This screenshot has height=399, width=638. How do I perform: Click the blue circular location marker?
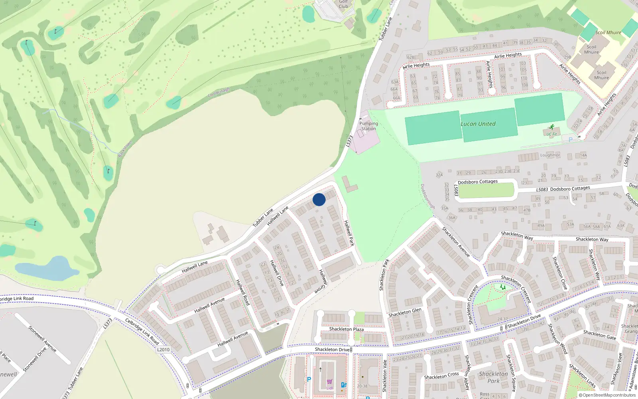(x=319, y=199)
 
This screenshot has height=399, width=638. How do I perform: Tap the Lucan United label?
(x=478, y=124)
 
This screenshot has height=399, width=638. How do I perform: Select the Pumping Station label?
(x=368, y=126)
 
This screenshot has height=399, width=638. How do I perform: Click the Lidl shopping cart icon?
(x=329, y=382)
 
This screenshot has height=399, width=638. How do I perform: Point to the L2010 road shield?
(x=163, y=350)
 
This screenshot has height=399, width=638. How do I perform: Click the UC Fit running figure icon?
(x=551, y=127)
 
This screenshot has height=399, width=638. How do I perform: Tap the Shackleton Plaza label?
(x=346, y=329)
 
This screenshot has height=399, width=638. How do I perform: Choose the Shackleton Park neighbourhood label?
(x=493, y=377)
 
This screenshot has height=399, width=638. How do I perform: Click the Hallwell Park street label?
(x=349, y=233)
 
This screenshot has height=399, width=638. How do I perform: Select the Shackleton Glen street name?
(x=405, y=312)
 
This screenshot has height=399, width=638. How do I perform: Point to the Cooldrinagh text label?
(x=219, y=93)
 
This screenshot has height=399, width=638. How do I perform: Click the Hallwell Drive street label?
(x=277, y=273)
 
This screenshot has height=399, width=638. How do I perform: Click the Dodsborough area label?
(x=427, y=196)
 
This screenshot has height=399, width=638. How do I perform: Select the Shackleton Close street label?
(x=560, y=273)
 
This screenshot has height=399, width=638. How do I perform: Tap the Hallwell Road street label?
(x=243, y=292)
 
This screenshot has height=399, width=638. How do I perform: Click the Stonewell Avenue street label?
(x=42, y=339)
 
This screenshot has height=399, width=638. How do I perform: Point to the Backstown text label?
(x=125, y=149)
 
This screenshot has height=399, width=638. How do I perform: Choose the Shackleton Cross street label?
(x=441, y=376)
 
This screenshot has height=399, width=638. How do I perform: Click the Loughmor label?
(x=550, y=155)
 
